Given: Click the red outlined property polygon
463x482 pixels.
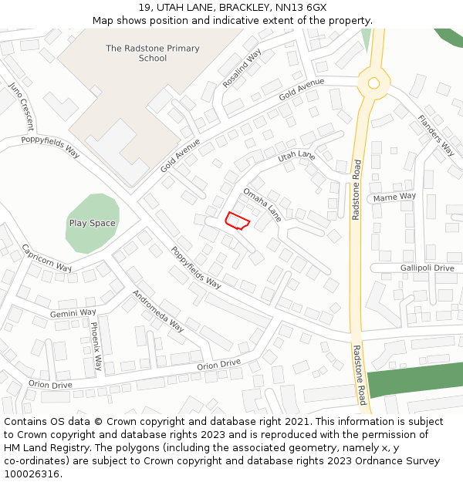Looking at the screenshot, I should pyautogui.click(x=237, y=221).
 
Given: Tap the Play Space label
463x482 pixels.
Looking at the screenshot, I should pyautogui.click(x=93, y=224).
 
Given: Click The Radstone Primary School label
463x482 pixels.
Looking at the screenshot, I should pyautogui.click(x=153, y=53).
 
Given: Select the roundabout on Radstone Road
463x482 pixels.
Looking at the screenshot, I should pyautogui.click(x=373, y=83).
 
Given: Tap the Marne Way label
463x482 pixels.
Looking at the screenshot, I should pyautogui.click(x=394, y=197).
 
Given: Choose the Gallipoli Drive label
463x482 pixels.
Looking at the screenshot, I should pyautogui.click(x=427, y=268).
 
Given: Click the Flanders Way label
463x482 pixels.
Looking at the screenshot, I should pyautogui.click(x=436, y=135).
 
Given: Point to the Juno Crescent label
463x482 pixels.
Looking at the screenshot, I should pyautogui.click(x=22, y=104).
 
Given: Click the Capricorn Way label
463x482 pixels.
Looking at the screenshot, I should pyautogui.click(x=46, y=258).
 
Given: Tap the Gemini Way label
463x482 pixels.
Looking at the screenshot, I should pyautogui.click(x=73, y=313).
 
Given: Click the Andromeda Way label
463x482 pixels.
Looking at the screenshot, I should pyautogui.click(x=158, y=310).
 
